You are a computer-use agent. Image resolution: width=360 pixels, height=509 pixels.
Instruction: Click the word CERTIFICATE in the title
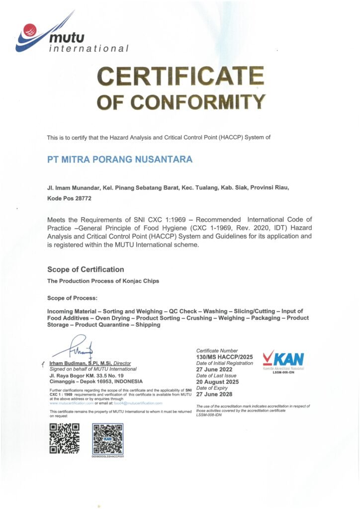pyautogui.click(x=180, y=76)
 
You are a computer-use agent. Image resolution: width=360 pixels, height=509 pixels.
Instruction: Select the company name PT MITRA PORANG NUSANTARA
pyautogui.click(x=119, y=160)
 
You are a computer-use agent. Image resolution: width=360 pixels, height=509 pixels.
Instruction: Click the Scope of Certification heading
pyautogui.click(x=86, y=269)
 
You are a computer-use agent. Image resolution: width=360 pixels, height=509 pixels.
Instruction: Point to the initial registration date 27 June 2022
pyautogui.click(x=215, y=369)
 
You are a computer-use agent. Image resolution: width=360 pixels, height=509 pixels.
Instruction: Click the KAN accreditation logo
pyautogui.click(x=283, y=360)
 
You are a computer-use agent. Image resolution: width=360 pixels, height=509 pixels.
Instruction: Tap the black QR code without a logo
pyautogui.click(x=64, y=437)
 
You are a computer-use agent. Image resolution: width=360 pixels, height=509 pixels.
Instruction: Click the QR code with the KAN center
pyautogui.click(x=108, y=438)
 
